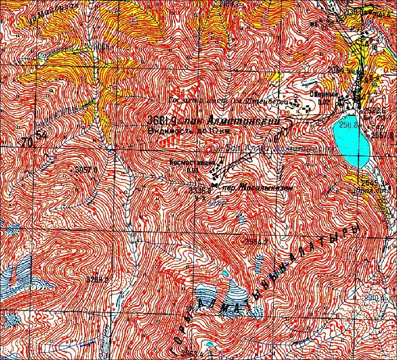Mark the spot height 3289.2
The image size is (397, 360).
(98, 279)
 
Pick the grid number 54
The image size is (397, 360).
(41, 135)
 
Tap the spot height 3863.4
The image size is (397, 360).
(192, 354)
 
